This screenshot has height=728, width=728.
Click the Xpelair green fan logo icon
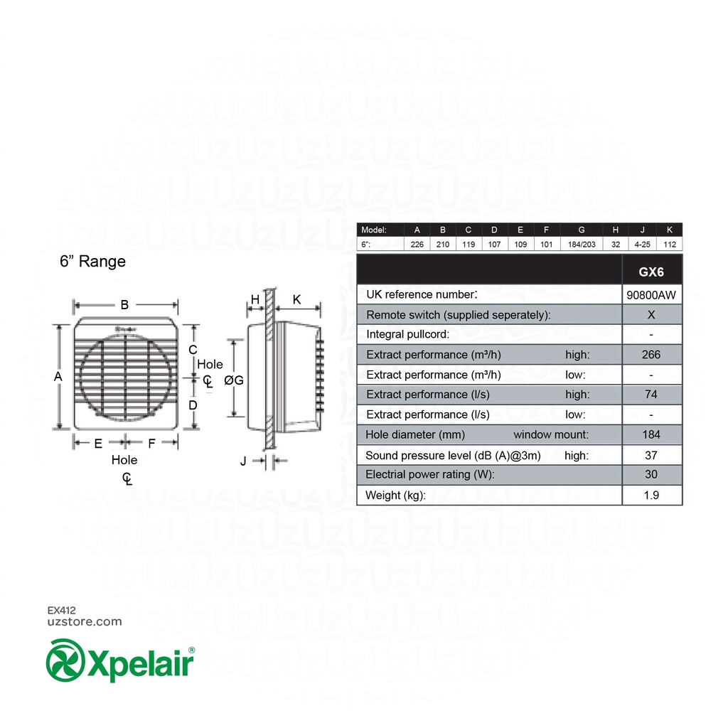(65, 660)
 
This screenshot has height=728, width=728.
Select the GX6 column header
(651, 272)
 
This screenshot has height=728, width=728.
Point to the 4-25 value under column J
(642, 244)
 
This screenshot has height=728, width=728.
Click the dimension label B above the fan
(124, 305)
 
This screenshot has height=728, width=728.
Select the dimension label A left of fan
(58, 377)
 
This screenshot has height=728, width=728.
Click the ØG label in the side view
(233, 380)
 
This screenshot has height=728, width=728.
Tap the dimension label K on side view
(297, 300)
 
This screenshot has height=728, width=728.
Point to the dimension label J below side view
(243, 461)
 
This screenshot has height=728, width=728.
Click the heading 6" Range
(92, 262)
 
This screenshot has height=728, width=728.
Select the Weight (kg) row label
(395, 496)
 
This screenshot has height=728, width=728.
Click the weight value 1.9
(651, 496)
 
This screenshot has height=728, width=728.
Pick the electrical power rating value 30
(651, 474)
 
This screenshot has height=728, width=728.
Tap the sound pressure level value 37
(651, 455)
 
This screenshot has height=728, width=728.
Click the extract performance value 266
(651, 355)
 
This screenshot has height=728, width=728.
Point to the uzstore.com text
(84, 621)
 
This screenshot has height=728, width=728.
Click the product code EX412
(61, 610)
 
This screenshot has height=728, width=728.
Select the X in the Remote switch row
(651, 315)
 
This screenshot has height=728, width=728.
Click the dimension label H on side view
(255, 300)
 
